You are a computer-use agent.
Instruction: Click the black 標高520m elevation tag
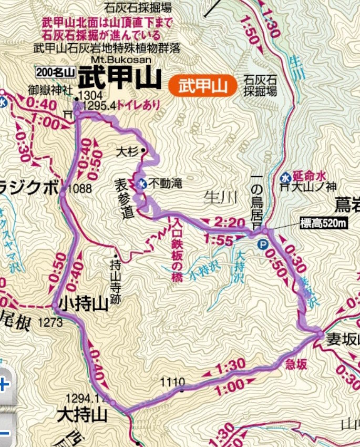click(x=324, y=223)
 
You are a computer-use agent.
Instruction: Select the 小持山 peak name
click(x=84, y=304)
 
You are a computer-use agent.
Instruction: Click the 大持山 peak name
click(x=83, y=415)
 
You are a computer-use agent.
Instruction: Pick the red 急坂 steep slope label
click(x=296, y=364)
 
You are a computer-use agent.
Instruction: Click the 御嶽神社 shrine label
click(x=51, y=89)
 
